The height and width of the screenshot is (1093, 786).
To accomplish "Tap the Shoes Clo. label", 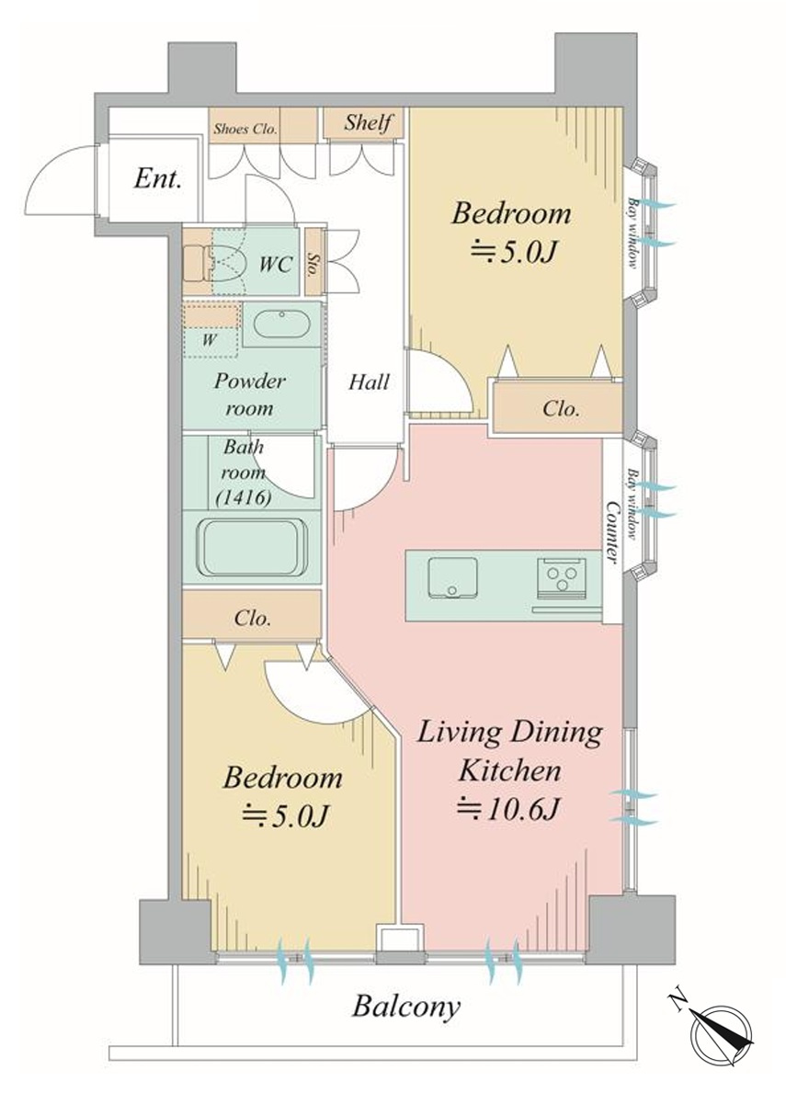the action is (245, 129).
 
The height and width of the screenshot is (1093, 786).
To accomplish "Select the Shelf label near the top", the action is (367, 122).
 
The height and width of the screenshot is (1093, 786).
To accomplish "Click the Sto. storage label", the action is (313, 264).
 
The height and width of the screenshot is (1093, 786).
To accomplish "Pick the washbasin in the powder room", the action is (281, 324).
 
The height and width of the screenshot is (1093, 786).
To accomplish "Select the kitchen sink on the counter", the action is (453, 577).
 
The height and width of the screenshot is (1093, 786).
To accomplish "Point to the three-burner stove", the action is (562, 578).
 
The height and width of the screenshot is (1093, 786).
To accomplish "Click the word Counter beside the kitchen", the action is (612, 532).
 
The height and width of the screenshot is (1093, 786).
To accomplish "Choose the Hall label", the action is (369, 382).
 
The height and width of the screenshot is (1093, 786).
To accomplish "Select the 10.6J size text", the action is (508, 809).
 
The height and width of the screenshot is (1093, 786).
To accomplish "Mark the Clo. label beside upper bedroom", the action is (561, 408).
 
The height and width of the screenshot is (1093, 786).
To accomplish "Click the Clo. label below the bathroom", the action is (252, 618).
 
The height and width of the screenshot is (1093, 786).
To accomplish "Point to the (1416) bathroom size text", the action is (244, 497).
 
